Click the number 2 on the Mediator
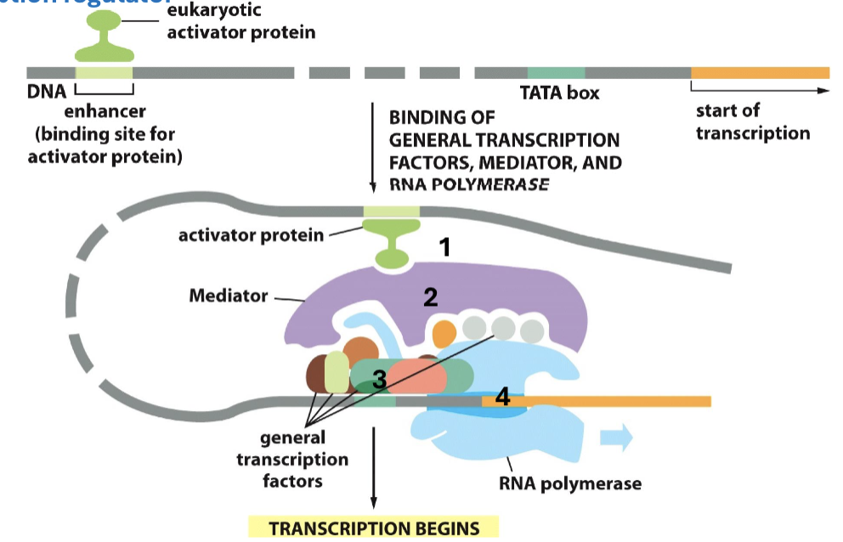(x=431, y=296)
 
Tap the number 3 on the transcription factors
(x=380, y=380)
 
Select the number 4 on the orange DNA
(x=502, y=396)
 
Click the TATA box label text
(x=559, y=93)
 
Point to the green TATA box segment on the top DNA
(x=556, y=72)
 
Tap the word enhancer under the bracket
(x=105, y=111)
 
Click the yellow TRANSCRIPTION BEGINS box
(x=374, y=528)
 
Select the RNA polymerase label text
(x=569, y=484)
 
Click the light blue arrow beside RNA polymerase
(x=616, y=438)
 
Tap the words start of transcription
(x=752, y=121)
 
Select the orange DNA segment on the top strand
(x=760, y=72)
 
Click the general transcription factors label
(x=292, y=459)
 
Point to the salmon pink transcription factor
(x=417, y=375)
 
